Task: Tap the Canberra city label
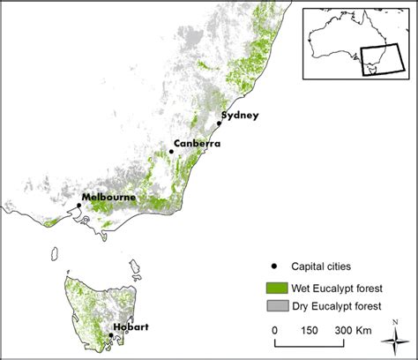pos(197,143)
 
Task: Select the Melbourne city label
pos(108,198)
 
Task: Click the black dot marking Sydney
pos(219,124)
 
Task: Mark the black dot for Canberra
pos(171,152)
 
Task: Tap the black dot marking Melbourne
pos(78,206)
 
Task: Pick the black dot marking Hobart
pos(110,334)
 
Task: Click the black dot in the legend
pos(274,269)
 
